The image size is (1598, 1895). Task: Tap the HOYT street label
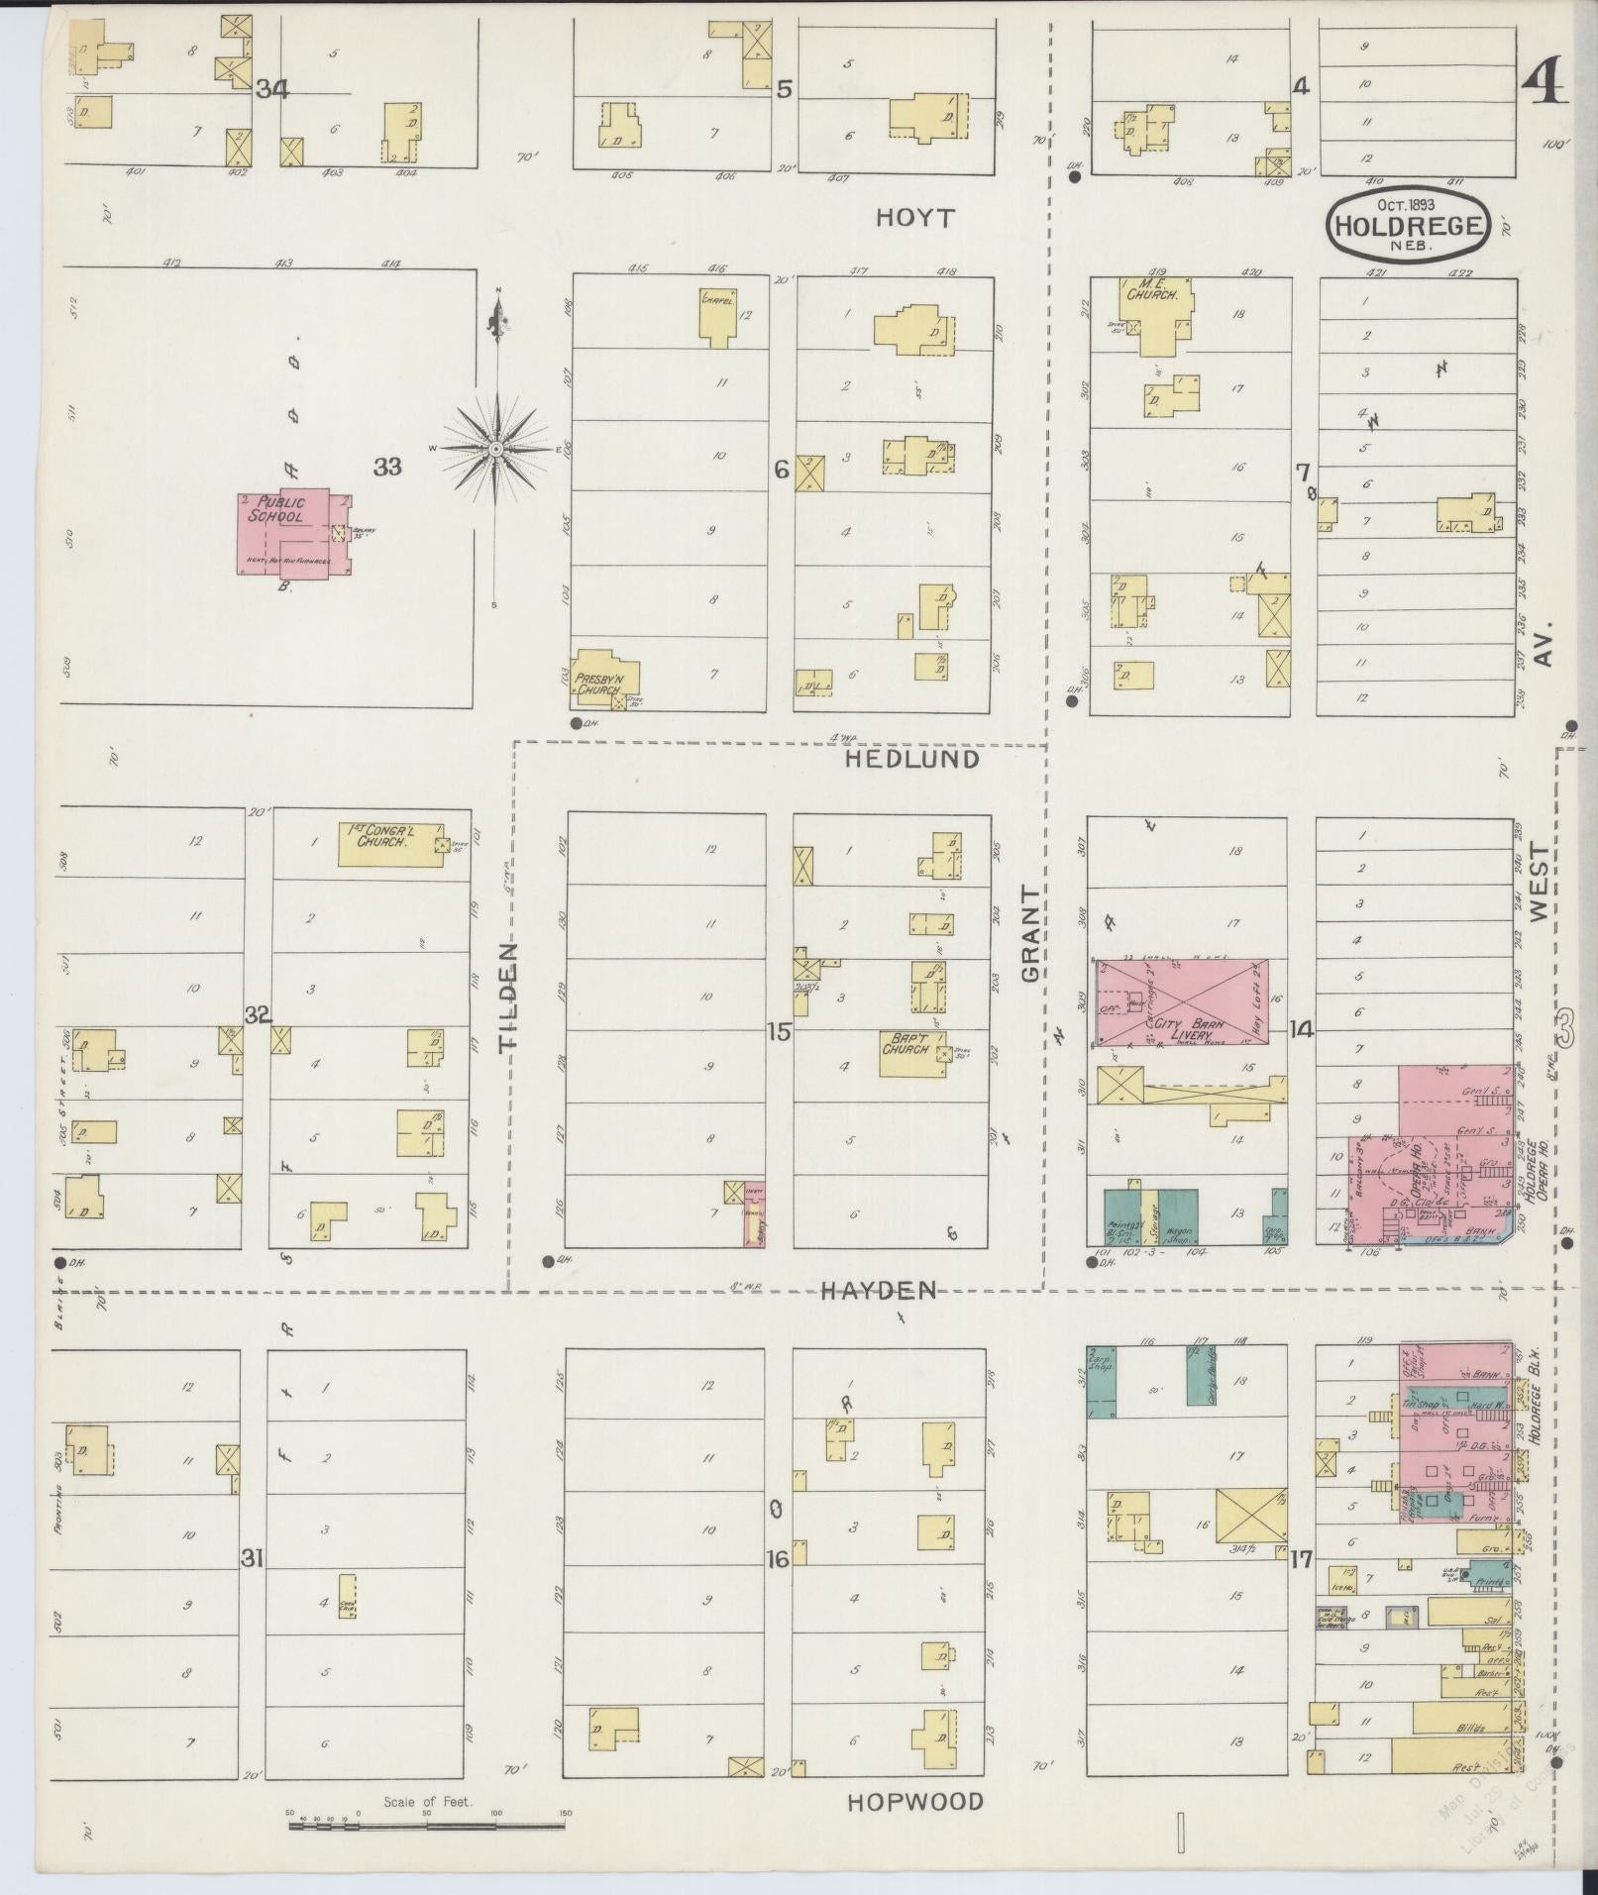[x=914, y=219]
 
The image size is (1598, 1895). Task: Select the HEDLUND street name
[x=913, y=760]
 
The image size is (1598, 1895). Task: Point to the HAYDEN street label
[x=879, y=1290]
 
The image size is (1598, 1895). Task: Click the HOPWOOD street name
[x=915, y=1802]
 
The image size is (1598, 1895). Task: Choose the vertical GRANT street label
[x=1031, y=934]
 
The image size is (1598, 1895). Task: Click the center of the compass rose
[x=494, y=450]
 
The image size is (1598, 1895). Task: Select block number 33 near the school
[x=387, y=466]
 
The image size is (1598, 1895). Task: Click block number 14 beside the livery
[x=1301, y=1030]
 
